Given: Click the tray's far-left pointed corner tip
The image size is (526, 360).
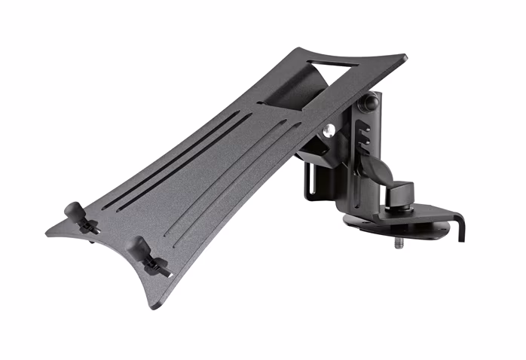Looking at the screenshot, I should (47, 233).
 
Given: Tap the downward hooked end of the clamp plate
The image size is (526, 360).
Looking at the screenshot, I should (462, 229).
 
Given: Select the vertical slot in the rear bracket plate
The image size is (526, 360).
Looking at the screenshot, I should (308, 182).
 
